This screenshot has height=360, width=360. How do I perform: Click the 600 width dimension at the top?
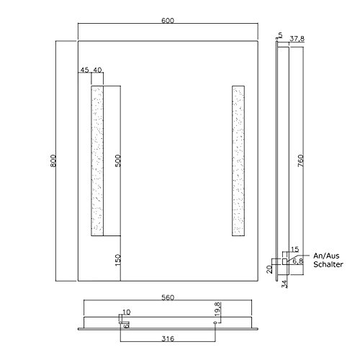coord(167,21)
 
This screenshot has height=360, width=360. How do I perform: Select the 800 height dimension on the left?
coord(53,162)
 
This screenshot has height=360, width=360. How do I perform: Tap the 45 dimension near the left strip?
coord(85,70)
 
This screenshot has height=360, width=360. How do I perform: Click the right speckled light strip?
coord(238,161)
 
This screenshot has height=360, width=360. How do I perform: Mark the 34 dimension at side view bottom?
coord(285,280)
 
